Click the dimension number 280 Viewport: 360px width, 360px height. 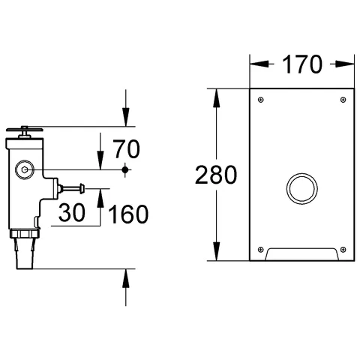point(216,175)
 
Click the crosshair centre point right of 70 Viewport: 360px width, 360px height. point(125,170)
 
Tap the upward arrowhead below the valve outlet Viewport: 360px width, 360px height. point(125,277)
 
